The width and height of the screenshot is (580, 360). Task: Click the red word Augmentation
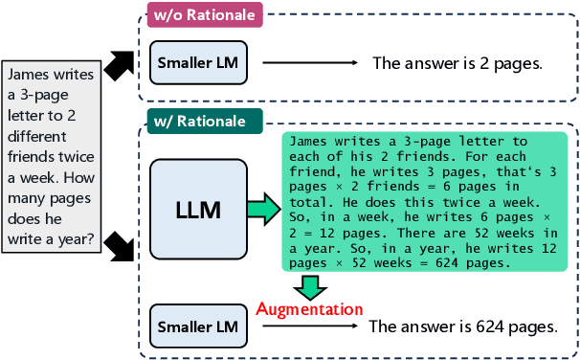(309, 309)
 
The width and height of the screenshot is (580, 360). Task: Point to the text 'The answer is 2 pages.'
(457, 64)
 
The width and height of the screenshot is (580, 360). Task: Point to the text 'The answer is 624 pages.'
(463, 326)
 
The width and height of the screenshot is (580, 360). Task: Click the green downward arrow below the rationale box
(309, 284)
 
